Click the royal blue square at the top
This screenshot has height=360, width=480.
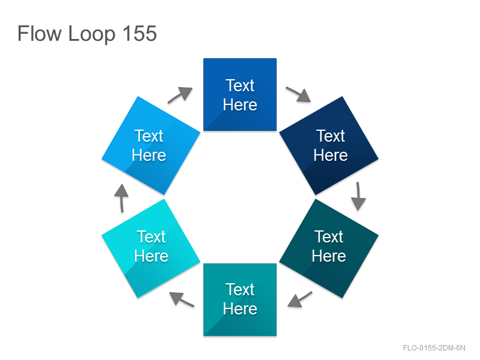click(240, 95)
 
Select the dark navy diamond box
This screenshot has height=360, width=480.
click(329, 145)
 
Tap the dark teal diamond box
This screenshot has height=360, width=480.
click(329, 248)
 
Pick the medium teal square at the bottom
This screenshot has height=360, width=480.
click(240, 299)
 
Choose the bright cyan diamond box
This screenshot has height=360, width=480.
click(151, 248)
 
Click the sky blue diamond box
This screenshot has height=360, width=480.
click(151, 145)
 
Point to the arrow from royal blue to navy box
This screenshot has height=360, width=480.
click(298, 94)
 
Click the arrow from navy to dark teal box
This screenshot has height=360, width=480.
click(358, 196)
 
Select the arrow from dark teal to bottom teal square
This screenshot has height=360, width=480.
click(300, 299)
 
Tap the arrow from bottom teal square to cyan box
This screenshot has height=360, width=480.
click(182, 299)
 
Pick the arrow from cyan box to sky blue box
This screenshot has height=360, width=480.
click(122, 198)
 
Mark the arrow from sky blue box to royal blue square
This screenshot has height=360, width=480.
click(180, 95)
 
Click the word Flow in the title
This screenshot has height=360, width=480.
click(40, 34)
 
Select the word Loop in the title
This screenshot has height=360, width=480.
click(92, 35)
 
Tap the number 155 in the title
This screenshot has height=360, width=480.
click(140, 34)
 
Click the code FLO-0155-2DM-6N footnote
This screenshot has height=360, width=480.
click(434, 348)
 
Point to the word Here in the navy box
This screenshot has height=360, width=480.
click(331, 155)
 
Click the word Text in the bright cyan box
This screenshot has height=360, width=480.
click(151, 236)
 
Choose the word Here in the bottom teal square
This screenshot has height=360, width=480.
click(240, 308)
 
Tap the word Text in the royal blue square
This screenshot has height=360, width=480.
click(240, 85)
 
